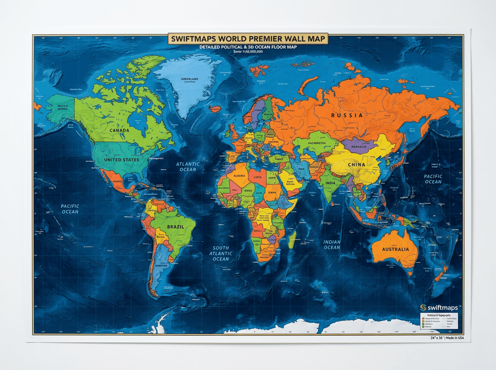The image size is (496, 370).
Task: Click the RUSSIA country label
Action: point(347,115)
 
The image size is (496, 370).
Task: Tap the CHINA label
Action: point(356,164)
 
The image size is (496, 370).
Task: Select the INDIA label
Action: point(329,182)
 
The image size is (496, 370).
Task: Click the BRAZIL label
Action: point(170,226)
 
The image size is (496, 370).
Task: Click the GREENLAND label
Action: point(190,79)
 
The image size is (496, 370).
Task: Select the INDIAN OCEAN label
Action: point(332,245)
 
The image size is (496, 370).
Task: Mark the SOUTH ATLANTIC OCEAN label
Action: point(221,253)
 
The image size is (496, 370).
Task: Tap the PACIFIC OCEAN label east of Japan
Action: point(433,179)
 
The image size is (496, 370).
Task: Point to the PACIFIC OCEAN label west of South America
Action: point(70,209)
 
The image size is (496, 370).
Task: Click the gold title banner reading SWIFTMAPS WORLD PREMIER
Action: point(248,39)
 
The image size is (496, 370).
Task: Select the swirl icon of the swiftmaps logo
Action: point(423,307)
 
